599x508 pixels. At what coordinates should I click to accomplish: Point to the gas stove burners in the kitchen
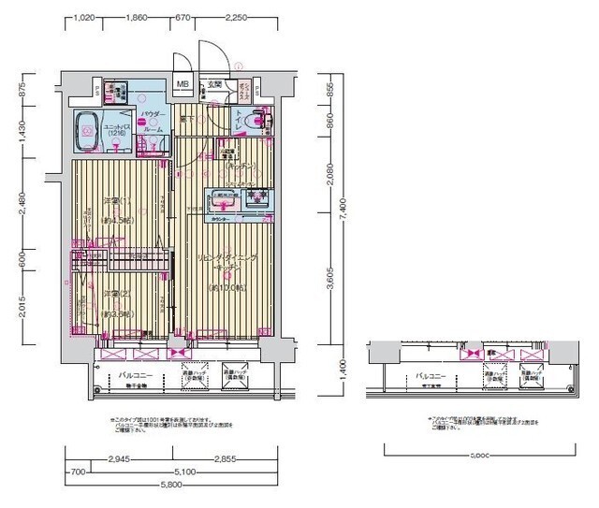[x=256, y=198]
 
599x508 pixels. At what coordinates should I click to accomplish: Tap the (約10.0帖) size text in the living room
[x=227, y=288]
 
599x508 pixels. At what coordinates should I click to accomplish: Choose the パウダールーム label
[x=153, y=121]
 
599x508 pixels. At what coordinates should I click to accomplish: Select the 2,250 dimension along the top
[x=236, y=17]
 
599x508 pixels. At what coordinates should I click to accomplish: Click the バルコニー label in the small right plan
[x=433, y=375]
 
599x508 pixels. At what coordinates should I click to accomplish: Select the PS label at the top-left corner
[x=97, y=90]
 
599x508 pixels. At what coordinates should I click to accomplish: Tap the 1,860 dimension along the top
[x=138, y=17]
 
